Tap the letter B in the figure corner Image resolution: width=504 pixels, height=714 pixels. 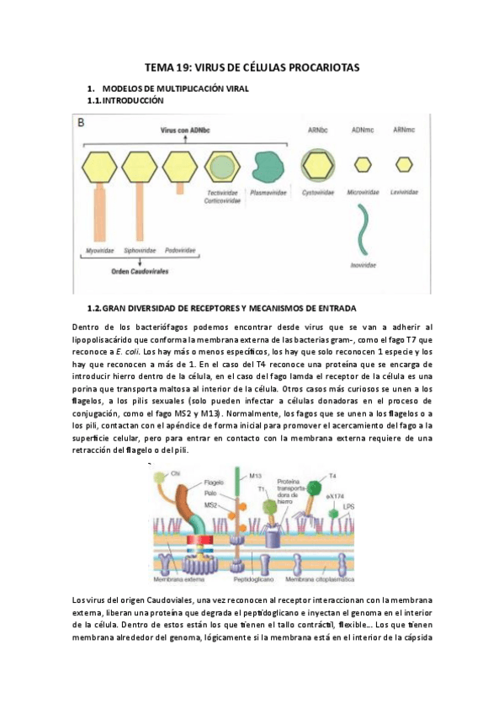point(82,123)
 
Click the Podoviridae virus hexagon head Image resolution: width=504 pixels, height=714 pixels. point(180,164)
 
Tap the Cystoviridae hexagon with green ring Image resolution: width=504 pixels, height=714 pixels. point(318,163)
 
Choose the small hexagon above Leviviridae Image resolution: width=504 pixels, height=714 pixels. point(405,164)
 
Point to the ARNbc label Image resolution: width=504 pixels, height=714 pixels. point(316,130)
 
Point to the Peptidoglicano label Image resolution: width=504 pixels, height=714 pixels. point(264,580)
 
